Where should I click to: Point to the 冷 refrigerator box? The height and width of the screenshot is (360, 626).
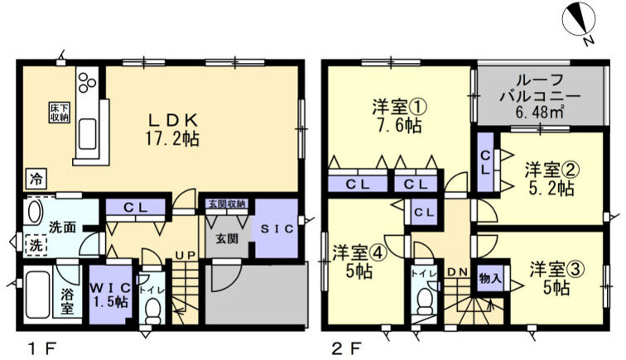pyautogui.click(x=36, y=176)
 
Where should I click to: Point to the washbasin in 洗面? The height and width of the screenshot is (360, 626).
pyautogui.click(x=36, y=213)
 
